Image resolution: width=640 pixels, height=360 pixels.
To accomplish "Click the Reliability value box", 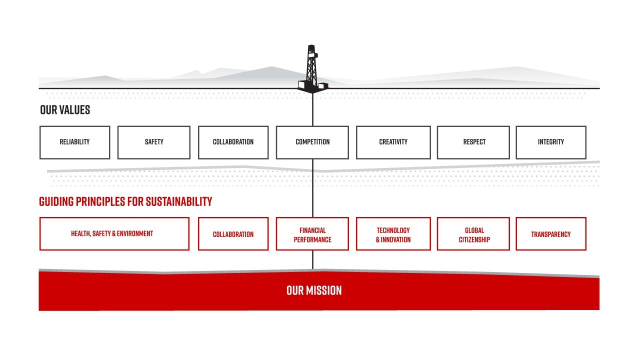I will pyautogui.click(x=74, y=142).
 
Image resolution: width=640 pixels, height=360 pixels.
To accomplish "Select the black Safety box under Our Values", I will pyautogui.click(x=154, y=142).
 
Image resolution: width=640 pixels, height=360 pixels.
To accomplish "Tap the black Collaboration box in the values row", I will pyautogui.click(x=233, y=142).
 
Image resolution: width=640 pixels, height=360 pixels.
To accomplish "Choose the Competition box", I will pyautogui.click(x=312, y=142).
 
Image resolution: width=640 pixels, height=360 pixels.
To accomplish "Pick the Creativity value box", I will pyautogui.click(x=393, y=142).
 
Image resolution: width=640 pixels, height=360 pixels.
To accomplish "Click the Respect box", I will pyautogui.click(x=473, y=142).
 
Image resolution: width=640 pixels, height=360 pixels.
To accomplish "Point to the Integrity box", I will pyautogui.click(x=550, y=142).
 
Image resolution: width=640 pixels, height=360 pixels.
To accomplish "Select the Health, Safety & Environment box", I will pyautogui.click(x=114, y=233).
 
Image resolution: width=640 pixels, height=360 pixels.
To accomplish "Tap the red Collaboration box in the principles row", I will pyautogui.click(x=233, y=234).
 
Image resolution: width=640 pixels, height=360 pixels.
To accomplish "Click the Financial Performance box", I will pyautogui.click(x=312, y=234).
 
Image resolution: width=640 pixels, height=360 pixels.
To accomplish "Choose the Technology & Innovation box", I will pyautogui.click(x=393, y=234).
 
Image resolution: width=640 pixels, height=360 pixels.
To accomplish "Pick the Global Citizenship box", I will pyautogui.click(x=473, y=234).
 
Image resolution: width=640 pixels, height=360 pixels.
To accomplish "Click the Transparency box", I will pyautogui.click(x=550, y=234).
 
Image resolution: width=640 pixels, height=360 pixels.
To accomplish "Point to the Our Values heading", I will pyautogui.click(x=65, y=110).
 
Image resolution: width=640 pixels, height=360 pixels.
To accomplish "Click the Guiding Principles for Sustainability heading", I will pyautogui.click(x=125, y=201).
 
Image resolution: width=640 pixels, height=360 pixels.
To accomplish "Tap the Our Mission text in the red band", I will pyautogui.click(x=314, y=290).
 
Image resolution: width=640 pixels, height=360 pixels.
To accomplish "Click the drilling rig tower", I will pyautogui.click(x=312, y=67).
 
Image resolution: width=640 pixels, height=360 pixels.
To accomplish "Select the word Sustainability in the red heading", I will pyautogui.click(x=180, y=201).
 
